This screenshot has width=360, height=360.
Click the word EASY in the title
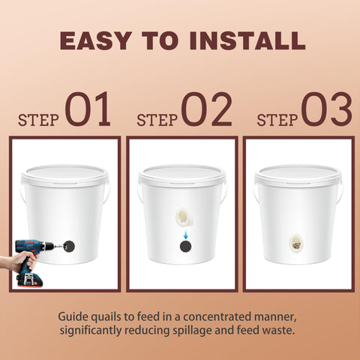(95, 40)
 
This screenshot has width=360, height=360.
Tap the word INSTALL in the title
(247, 40)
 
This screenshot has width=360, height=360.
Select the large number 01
(88, 109)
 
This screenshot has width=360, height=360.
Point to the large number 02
(207, 109)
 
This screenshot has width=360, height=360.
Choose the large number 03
(327, 109)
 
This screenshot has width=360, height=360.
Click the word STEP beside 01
(38, 120)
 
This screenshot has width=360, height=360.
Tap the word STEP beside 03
(277, 120)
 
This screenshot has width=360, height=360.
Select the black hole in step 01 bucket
(69, 247)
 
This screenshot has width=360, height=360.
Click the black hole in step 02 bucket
(186, 247)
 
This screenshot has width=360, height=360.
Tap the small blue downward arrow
(185, 235)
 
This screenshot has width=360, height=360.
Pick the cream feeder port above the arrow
(184, 218)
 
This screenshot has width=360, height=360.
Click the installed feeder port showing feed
(297, 244)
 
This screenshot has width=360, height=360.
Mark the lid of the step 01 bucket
(64, 175)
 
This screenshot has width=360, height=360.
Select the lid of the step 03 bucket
(298, 175)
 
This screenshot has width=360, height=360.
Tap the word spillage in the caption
(193, 331)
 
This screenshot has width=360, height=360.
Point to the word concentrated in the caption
(217, 316)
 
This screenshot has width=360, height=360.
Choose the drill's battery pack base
(29, 280)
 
